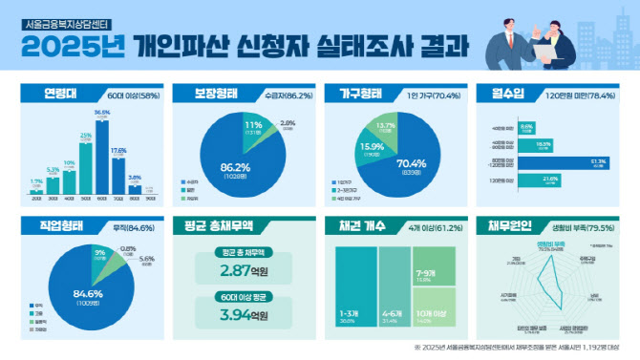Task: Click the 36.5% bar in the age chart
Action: point(102,159)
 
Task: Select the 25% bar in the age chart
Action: point(86,170)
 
